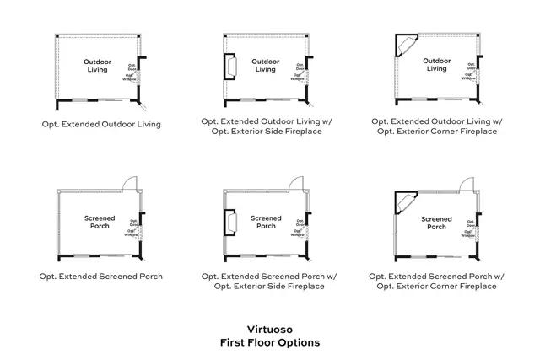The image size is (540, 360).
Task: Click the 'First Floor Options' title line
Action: click(x=269, y=344)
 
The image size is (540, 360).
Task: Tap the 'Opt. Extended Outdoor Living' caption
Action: click(x=101, y=124)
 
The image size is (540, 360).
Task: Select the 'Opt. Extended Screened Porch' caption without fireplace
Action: click(x=101, y=276)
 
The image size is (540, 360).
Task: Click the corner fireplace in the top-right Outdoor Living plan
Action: click(x=408, y=47)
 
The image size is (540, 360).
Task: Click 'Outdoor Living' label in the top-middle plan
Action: click(x=267, y=66)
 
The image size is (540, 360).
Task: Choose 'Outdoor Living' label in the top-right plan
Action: click(x=436, y=65)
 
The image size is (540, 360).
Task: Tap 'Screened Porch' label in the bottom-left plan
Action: click(x=100, y=222)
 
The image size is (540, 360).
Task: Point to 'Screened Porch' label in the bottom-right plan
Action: click(x=437, y=222)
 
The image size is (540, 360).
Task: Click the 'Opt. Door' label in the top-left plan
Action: click(x=132, y=67)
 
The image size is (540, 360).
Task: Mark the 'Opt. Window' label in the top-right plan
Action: click(x=467, y=77)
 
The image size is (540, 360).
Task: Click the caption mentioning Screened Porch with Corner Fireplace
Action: click(x=438, y=281)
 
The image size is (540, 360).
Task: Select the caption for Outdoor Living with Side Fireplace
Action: click(x=267, y=126)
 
